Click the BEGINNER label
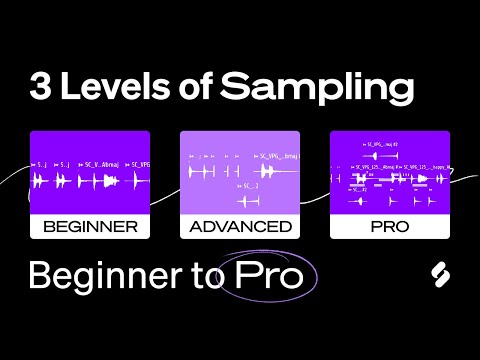[x=90, y=226]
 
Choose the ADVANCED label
[x=240, y=226]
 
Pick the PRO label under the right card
[x=390, y=226]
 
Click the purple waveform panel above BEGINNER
[x=90, y=172]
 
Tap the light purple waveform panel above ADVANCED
[x=240, y=172]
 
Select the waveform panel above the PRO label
[x=390, y=172]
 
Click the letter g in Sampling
[x=400, y=92]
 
